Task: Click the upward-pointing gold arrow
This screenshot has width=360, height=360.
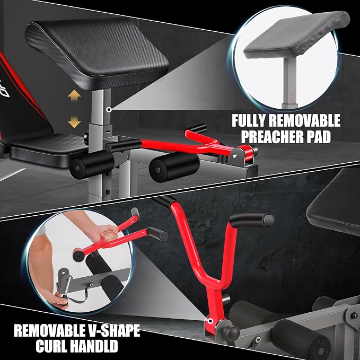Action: coord(74,96)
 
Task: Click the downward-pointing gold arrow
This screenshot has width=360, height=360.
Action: coord(74,122)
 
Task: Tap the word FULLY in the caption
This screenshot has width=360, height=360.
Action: coord(249,121)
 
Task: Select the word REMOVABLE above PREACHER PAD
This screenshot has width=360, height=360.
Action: coord(304,121)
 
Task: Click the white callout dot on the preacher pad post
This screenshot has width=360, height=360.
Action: coord(109,110)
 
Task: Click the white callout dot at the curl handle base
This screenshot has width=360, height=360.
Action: coord(209,320)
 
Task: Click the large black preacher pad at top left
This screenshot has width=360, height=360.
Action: coord(97,54)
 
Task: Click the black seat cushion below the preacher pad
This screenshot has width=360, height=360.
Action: coord(48,150)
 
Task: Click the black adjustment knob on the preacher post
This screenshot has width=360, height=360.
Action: coord(86,137)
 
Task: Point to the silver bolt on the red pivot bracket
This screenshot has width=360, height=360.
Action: coord(235,156)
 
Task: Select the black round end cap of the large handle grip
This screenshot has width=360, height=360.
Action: coord(269,220)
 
